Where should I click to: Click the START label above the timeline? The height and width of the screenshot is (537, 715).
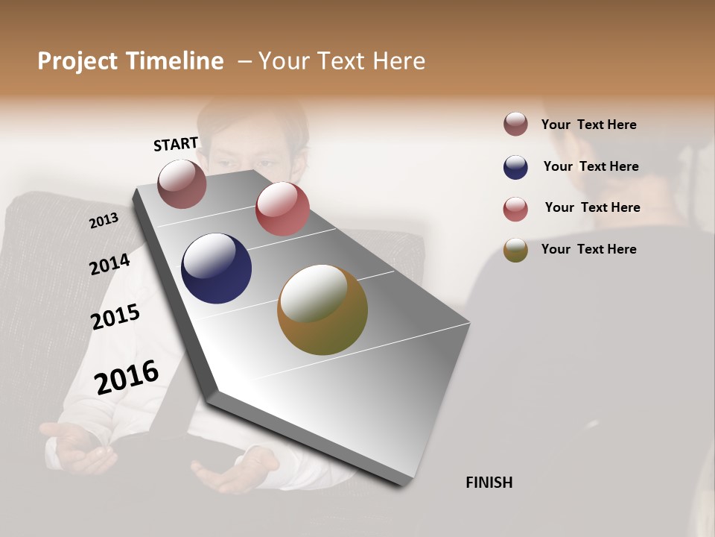(x=176, y=144)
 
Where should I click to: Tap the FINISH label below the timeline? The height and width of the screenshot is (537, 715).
(x=489, y=483)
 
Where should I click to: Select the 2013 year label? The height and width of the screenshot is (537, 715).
(x=104, y=220)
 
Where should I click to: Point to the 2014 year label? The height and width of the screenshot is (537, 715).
(x=110, y=264)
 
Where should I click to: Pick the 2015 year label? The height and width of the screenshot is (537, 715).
(x=115, y=317)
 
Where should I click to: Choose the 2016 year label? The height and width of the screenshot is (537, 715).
(x=127, y=377)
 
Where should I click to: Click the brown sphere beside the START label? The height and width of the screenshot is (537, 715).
(x=182, y=183)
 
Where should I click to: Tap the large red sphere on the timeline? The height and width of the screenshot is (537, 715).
(x=282, y=209)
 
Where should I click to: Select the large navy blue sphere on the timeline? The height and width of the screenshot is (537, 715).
(x=216, y=268)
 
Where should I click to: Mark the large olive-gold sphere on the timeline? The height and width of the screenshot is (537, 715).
(x=322, y=310)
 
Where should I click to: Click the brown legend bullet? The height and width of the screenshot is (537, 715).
(x=515, y=125)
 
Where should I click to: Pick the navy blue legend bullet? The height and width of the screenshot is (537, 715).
(x=515, y=167)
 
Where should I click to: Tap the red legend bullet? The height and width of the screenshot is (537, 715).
(x=515, y=209)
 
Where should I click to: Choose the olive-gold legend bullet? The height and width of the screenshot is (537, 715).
(x=515, y=250)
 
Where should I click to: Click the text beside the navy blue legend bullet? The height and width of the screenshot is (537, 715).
(x=591, y=166)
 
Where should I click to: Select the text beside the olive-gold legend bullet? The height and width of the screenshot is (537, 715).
(x=588, y=249)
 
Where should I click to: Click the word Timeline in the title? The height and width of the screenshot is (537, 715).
(x=174, y=61)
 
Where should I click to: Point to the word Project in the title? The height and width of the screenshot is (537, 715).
(x=77, y=61)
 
